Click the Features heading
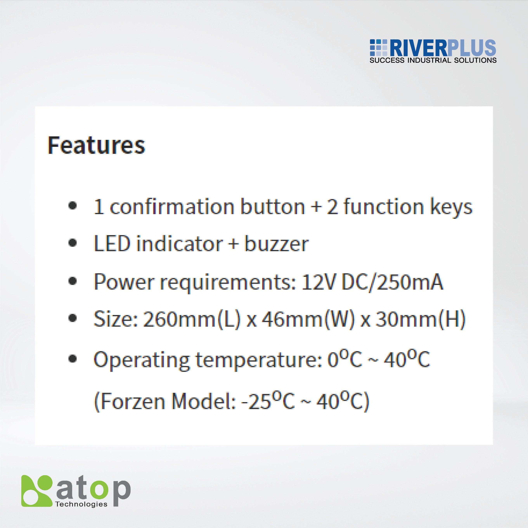(x=96, y=145)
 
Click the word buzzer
(x=277, y=243)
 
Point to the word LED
(x=112, y=243)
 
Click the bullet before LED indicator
(x=72, y=243)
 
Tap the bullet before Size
(x=72, y=318)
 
